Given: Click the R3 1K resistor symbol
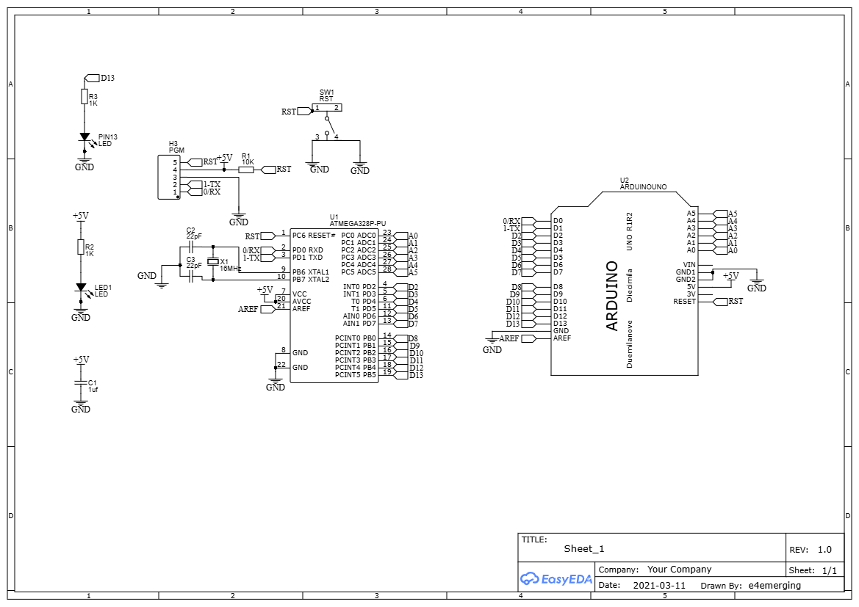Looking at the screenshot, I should pos(84,97).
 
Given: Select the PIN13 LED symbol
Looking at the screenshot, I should pos(85,137).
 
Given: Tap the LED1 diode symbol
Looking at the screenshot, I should pos(81,288).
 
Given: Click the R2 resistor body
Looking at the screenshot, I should pos(81,247).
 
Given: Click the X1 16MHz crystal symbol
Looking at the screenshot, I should pos(213,262).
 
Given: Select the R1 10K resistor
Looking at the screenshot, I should pos(246,170).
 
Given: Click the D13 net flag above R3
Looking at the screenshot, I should pos(92,78).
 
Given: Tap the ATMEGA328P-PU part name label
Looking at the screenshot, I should pos(358,223).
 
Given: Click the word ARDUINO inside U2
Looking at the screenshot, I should pos(612,296).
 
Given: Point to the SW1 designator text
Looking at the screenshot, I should pos(326,92).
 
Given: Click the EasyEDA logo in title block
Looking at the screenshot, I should pos(556,578).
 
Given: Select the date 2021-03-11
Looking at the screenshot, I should pos(658,586).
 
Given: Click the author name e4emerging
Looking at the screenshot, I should pos(774,586).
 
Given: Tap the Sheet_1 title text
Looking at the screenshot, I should pos(583,549).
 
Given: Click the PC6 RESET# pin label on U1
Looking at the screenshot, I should pos(314,236).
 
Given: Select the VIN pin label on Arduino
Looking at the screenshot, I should pos(689,265).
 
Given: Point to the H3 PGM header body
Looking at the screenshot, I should pos(169,177).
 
